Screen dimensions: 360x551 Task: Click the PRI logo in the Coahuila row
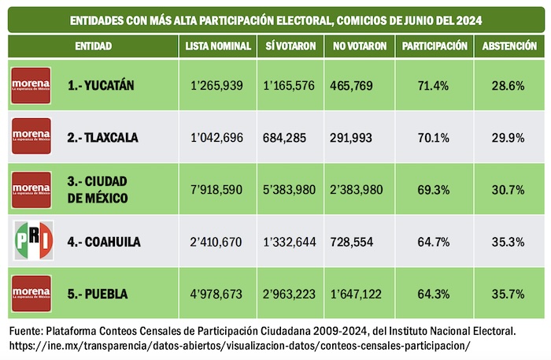click(31, 241)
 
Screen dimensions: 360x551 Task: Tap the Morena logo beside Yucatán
click(31, 84)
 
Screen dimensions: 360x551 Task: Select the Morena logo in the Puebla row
click(31, 293)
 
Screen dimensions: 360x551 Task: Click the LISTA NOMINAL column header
click(218, 46)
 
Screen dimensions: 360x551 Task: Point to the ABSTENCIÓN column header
click(509, 46)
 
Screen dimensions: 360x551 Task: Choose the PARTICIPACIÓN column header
click(435, 46)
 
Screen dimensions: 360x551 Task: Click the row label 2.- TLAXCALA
click(102, 137)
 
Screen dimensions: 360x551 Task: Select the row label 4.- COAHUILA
click(104, 242)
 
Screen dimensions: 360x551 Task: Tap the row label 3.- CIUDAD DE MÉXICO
click(98, 190)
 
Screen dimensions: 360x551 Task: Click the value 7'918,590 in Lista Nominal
click(218, 190)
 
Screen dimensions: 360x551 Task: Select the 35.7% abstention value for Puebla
click(508, 294)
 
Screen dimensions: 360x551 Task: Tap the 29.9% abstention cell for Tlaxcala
click(508, 137)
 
